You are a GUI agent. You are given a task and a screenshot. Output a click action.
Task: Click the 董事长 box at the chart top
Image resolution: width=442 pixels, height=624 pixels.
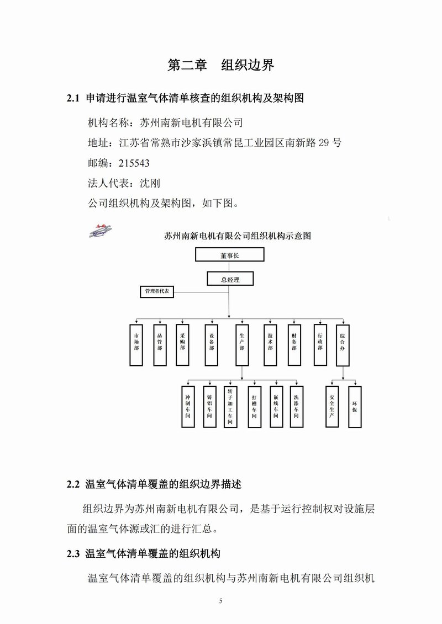pyautogui.click(x=230, y=255)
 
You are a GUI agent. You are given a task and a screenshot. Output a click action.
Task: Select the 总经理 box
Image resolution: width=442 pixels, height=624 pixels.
pyautogui.click(x=230, y=279)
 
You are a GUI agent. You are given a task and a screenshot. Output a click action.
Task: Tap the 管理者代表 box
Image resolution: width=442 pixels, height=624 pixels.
pyautogui.click(x=157, y=292)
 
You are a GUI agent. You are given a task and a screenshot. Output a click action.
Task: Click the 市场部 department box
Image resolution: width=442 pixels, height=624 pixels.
pyautogui.click(x=136, y=345)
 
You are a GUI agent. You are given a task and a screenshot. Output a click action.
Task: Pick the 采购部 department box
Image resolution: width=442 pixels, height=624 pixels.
pyautogui.click(x=182, y=345)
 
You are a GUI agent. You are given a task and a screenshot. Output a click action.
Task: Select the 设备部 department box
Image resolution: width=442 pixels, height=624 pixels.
pyautogui.click(x=211, y=345)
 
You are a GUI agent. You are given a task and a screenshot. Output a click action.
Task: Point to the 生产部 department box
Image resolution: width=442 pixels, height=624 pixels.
pyautogui.click(x=242, y=345)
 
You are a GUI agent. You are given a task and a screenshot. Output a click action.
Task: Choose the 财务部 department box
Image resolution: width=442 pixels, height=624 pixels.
pyautogui.click(x=294, y=345)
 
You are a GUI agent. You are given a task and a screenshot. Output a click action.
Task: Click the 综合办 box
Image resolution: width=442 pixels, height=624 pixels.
pyautogui.click(x=343, y=345)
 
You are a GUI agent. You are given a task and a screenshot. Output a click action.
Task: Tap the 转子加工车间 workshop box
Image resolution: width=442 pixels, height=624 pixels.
pyautogui.click(x=230, y=407)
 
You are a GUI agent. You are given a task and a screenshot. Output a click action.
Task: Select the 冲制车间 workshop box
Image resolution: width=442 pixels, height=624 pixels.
pyautogui.click(x=188, y=407)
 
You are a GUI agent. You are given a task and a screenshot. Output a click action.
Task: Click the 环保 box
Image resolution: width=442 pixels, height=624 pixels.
pyautogui.click(x=355, y=407)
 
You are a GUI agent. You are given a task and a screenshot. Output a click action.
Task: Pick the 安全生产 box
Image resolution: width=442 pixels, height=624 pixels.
pyautogui.click(x=332, y=407)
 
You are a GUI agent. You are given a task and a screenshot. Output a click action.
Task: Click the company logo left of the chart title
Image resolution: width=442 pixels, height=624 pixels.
pyautogui.click(x=101, y=231)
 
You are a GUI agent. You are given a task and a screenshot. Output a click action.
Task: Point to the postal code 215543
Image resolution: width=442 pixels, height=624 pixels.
pyautogui.click(x=134, y=163)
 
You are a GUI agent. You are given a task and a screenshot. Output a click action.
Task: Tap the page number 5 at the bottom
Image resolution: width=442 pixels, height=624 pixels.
pyautogui.click(x=221, y=601)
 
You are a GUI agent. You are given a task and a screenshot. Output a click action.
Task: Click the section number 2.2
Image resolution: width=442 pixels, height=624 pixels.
pyautogui.click(x=73, y=484)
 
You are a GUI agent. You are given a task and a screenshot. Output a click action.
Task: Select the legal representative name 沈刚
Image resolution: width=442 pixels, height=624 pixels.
pyautogui.click(x=150, y=183)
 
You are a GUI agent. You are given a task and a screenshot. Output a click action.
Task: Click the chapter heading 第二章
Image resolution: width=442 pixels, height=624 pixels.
pyautogui.click(x=187, y=65)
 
